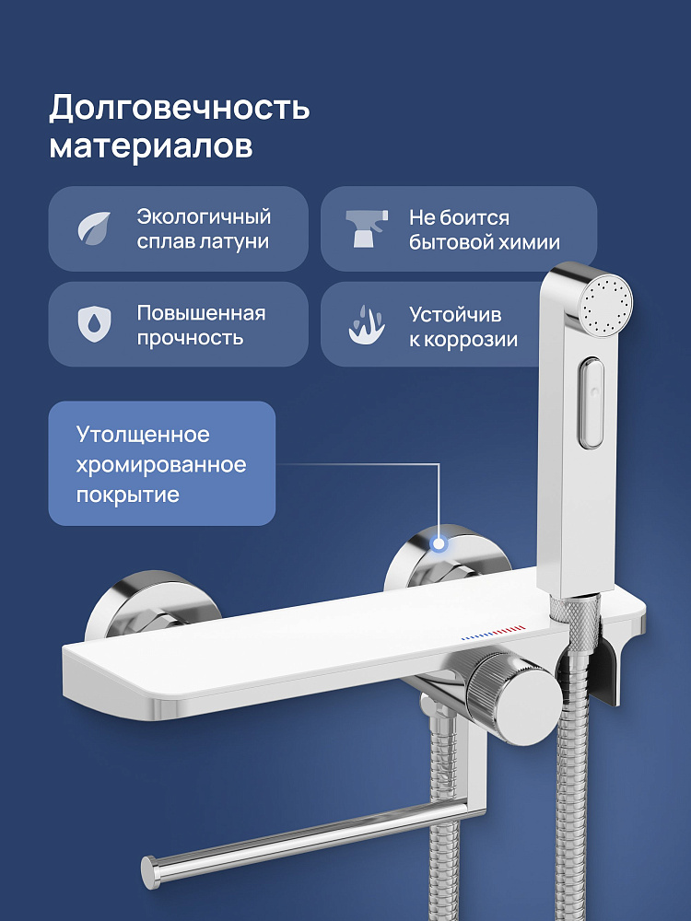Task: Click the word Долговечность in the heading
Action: point(180,108)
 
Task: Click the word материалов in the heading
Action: point(151,146)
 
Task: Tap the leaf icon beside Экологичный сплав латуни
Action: point(95,227)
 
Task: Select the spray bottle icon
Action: point(367,227)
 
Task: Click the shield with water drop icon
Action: point(95,324)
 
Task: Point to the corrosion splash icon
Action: point(367,325)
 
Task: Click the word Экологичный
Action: point(204,216)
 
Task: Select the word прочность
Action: point(190,338)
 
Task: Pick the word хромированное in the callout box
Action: point(161,465)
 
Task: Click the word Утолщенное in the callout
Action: point(143,435)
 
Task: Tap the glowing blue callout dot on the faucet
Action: point(439,544)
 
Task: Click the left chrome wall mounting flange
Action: point(152,605)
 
